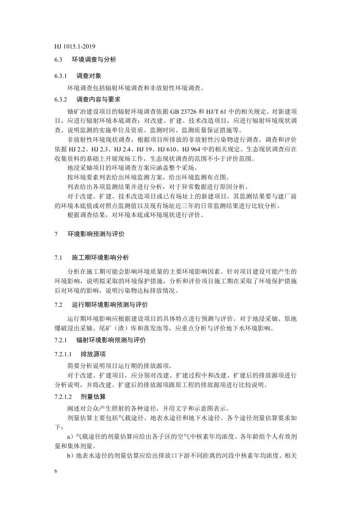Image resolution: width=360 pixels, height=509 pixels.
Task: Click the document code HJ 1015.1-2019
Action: pos(74,46)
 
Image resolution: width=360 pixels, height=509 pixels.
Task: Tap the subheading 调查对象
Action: pos(86,75)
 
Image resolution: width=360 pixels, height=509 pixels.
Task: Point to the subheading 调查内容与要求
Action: pos(98,99)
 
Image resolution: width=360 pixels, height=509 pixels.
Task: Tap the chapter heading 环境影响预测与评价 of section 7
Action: pos(96,234)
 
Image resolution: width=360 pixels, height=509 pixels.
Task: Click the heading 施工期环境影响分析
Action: pos(101,258)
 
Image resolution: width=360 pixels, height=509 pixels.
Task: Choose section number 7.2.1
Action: pos(60,340)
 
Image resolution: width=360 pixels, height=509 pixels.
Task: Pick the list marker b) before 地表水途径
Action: pos(70,456)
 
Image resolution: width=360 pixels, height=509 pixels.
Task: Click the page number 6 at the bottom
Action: pos(55,472)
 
